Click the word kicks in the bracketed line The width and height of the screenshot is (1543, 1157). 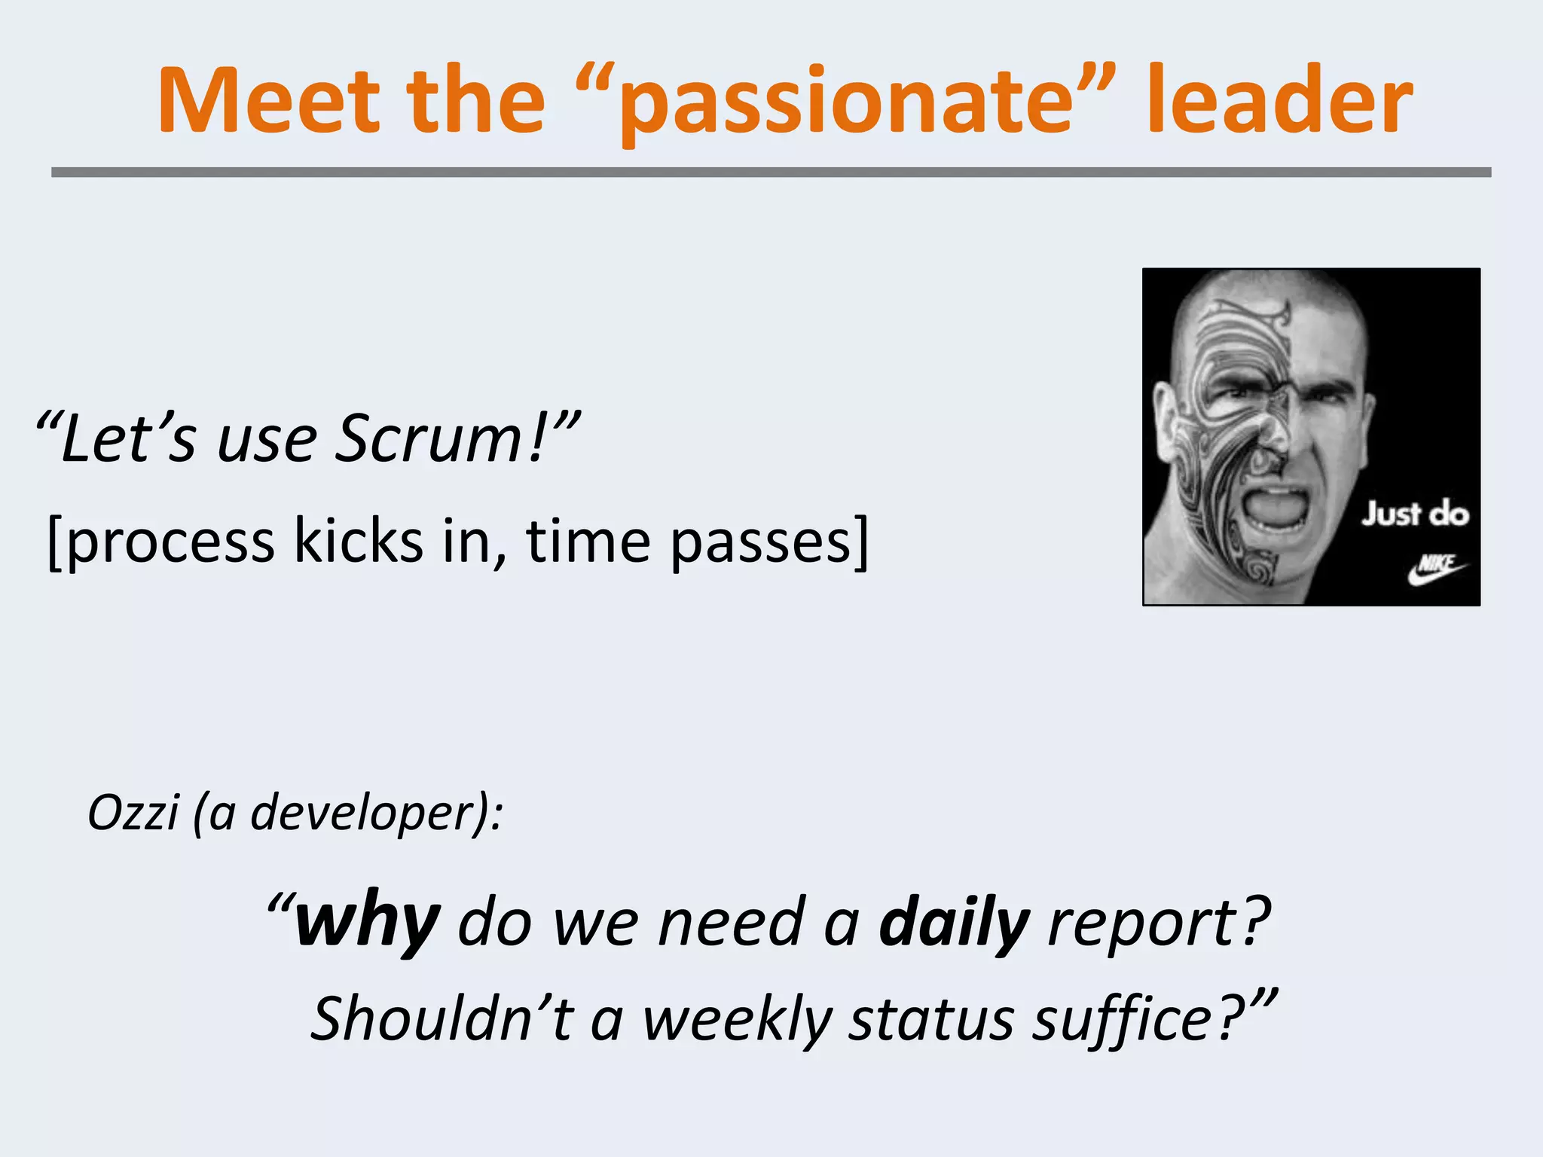(358, 541)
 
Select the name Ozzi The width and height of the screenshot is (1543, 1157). (133, 813)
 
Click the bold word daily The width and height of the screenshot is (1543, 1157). (954, 923)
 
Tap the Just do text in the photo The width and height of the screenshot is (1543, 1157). (1414, 514)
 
